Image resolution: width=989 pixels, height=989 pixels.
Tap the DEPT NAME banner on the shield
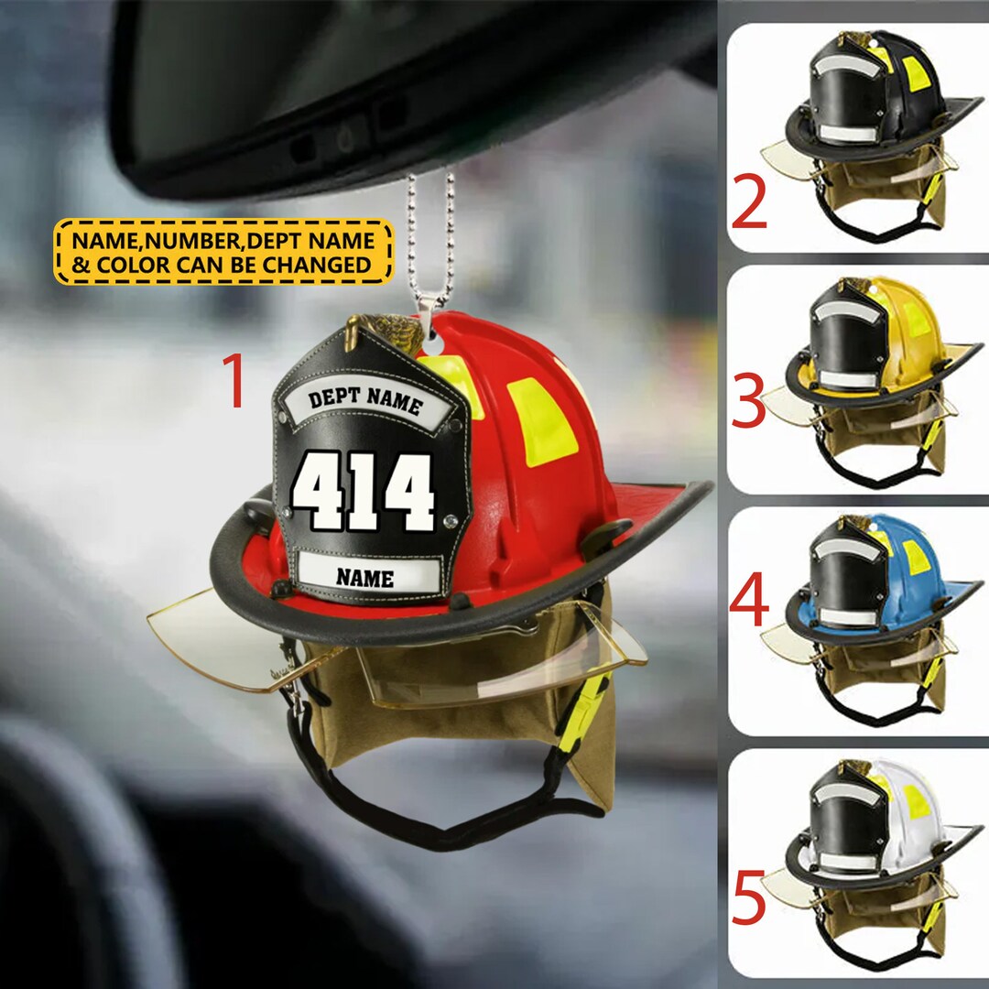point(365,401)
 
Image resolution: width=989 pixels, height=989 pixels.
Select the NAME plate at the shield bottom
point(364,577)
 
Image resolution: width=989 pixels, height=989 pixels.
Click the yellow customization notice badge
point(223,252)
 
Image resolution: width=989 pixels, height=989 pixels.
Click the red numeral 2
point(749,206)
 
